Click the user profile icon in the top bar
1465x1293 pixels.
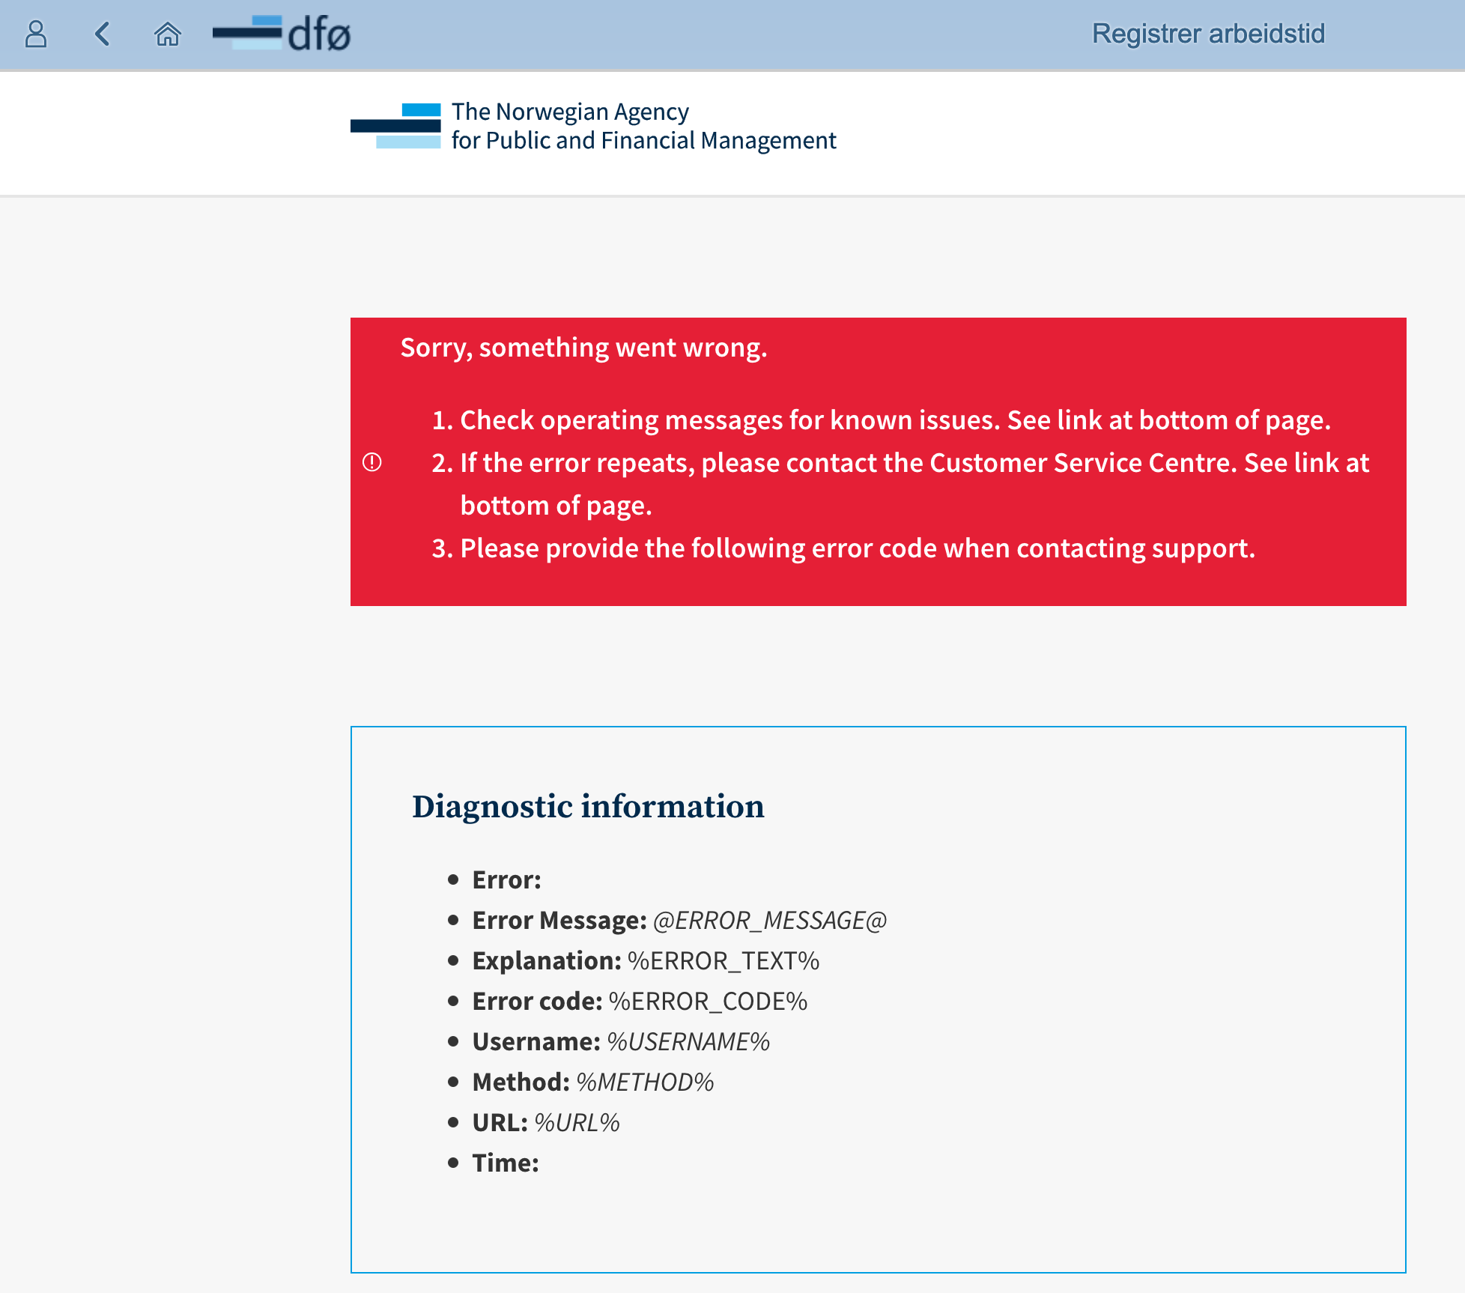(x=36, y=34)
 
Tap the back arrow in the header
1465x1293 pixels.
(x=103, y=34)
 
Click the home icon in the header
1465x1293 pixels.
(x=167, y=34)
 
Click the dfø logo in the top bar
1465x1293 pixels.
(x=282, y=34)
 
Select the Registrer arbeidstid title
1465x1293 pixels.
(x=1207, y=34)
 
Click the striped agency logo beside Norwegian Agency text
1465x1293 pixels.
(x=396, y=126)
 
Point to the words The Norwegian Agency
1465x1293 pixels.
(x=569, y=112)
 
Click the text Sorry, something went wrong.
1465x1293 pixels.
(x=583, y=348)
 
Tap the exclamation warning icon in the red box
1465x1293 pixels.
(x=372, y=462)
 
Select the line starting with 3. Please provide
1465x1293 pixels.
(x=843, y=548)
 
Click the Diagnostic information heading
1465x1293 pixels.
(x=588, y=807)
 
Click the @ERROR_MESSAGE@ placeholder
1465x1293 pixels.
(x=769, y=920)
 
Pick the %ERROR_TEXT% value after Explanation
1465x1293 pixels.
(x=723, y=960)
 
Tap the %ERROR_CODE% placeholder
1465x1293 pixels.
(x=708, y=1001)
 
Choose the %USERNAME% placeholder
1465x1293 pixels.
(x=688, y=1041)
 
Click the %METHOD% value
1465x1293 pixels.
(x=644, y=1082)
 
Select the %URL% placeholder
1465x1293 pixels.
(x=577, y=1122)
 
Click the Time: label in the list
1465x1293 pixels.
(x=506, y=1163)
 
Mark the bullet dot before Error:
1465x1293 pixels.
(x=453, y=879)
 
